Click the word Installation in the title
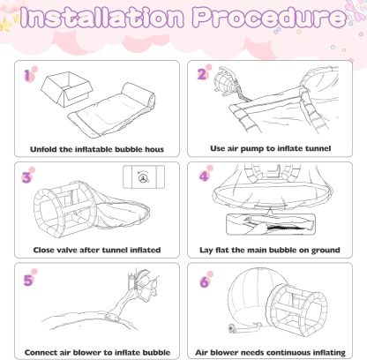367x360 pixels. point(103,17)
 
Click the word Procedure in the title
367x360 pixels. point(270,17)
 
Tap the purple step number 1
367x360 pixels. point(27,75)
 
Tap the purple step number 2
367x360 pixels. point(201,74)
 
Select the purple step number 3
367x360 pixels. point(26,177)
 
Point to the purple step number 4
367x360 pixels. point(204,176)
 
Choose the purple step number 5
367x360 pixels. point(28,281)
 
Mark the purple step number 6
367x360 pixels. point(204,282)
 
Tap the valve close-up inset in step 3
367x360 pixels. point(144,177)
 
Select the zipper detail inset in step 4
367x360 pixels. point(271,224)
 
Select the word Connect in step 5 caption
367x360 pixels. point(41,352)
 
